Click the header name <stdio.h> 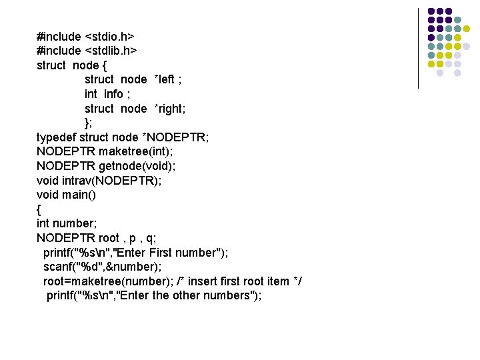[x=109, y=36]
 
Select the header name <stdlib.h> [x=110, y=51]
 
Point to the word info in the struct [x=113, y=94]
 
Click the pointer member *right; [x=170, y=109]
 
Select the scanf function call [x=58, y=267]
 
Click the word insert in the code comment [x=209, y=281]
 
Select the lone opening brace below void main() [x=39, y=209]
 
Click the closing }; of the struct [x=89, y=123]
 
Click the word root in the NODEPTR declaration [x=109, y=238]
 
